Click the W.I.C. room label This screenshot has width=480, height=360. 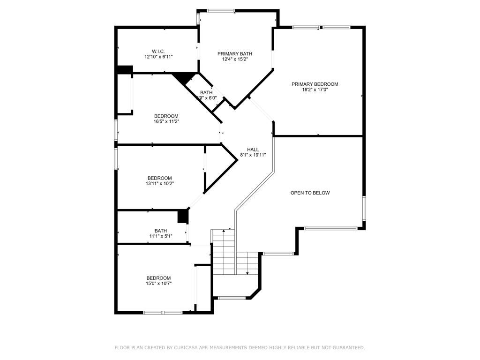coord(158,51)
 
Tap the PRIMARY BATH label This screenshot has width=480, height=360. coord(235,54)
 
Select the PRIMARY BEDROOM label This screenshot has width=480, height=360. coord(315,84)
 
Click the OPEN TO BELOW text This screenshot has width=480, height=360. coord(310,193)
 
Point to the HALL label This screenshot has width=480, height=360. coord(253,150)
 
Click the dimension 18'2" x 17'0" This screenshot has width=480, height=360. coord(315,90)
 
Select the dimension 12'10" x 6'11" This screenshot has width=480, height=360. coord(158,57)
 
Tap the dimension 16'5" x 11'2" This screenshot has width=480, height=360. coord(166,121)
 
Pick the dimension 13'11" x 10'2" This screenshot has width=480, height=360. coord(159,184)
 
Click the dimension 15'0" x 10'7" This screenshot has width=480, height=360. coord(158,283)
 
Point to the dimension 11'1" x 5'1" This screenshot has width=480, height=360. coord(161,236)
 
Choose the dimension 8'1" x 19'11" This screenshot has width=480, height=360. coord(253,155)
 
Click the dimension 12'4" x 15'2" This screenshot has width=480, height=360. coord(235,59)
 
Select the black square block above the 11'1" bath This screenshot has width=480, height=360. coord(183,217)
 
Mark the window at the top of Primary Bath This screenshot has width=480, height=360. coord(221,11)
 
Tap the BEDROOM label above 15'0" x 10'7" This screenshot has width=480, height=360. coord(158,277)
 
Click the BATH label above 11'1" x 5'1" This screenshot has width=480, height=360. coord(161,230)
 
